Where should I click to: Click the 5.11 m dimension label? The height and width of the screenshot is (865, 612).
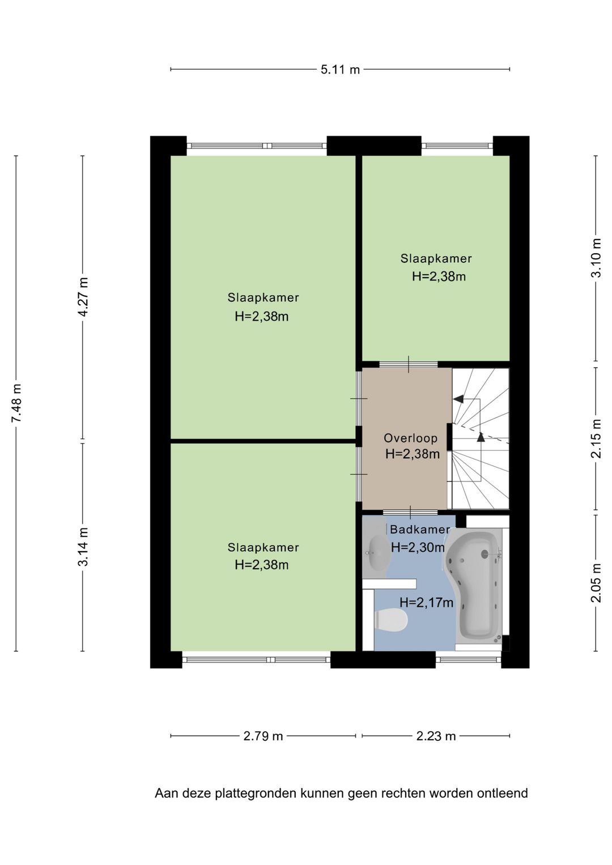tap(340, 70)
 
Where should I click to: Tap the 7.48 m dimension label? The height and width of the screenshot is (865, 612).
tap(16, 403)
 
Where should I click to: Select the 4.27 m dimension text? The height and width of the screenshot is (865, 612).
tap(83, 297)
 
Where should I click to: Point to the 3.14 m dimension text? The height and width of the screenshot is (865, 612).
tap(83, 547)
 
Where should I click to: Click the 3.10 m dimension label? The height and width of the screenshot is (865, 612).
tap(596, 258)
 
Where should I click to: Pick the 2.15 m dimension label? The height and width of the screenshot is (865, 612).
tap(596, 438)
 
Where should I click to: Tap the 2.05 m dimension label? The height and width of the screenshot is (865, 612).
tap(596, 583)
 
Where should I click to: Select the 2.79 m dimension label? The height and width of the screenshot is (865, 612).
tap(263, 736)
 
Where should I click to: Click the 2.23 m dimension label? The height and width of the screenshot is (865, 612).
tap(436, 736)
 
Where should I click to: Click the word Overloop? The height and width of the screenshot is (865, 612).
tap(410, 438)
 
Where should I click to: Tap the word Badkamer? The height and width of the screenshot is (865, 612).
tap(420, 530)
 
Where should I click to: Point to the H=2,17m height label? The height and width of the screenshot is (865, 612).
tap(426, 602)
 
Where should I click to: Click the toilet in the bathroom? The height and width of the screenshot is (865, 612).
tap(391, 621)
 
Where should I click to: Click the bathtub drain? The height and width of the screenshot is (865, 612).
tap(484, 554)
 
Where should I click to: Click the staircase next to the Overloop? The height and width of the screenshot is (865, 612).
tap(481, 438)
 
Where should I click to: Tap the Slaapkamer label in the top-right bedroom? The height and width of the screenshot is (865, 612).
tap(436, 258)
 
